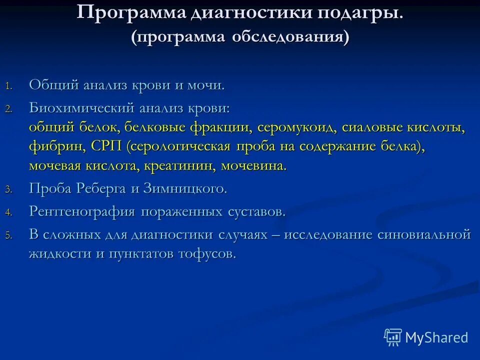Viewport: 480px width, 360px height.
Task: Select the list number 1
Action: coord(7,85)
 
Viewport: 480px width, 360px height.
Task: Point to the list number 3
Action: coord(7,189)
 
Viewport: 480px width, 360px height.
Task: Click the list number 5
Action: coord(7,235)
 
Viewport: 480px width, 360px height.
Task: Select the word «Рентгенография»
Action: coord(82,211)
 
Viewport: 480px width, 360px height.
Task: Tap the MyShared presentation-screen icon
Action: coord(393,338)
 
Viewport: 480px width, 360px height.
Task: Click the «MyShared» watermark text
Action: coord(436,337)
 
